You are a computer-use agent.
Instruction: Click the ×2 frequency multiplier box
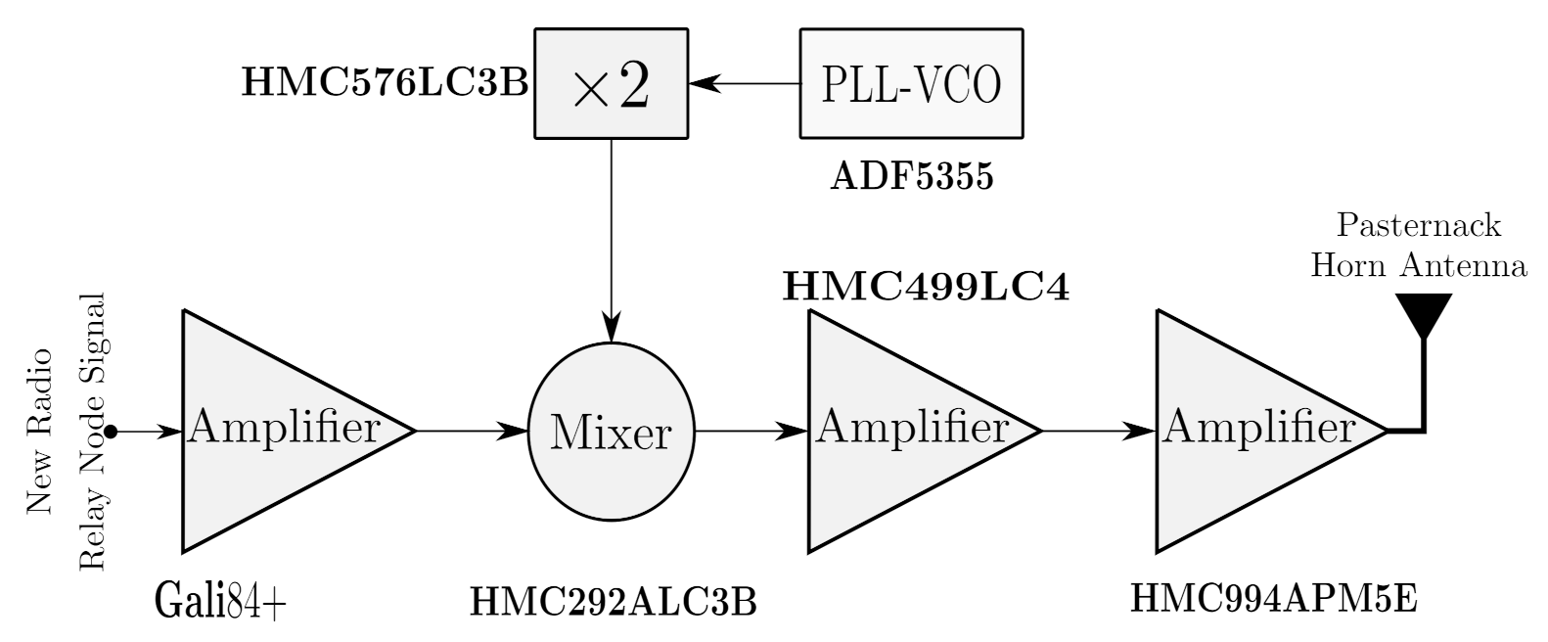[x=611, y=84]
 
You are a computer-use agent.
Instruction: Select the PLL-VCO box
[x=911, y=84]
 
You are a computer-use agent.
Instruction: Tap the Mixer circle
[x=611, y=431]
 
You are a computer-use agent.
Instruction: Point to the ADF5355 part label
[x=911, y=177]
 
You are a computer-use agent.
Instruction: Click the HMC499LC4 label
[x=926, y=287]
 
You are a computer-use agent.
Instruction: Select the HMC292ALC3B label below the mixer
[x=614, y=602]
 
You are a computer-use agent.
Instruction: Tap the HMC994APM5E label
[x=1273, y=598]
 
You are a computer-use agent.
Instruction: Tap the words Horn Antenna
[x=1419, y=265]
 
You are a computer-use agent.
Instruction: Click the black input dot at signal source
[x=112, y=431]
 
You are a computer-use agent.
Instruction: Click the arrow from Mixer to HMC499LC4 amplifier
[x=750, y=431]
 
